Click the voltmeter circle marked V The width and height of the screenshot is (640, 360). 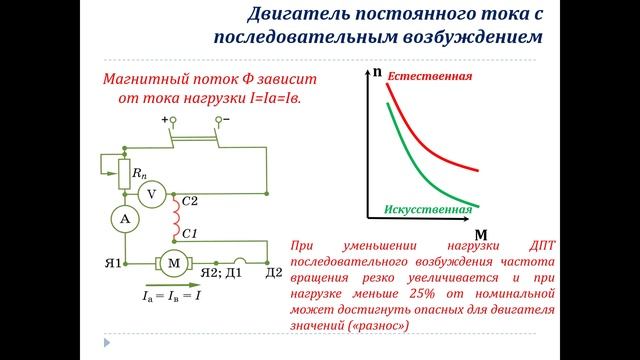coord(151,195)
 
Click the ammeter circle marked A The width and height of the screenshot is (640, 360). coord(123,219)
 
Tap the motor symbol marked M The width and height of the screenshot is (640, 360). coord(173,262)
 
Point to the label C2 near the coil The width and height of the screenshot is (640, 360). coord(191,201)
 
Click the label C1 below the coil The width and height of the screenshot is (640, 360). coord(190,233)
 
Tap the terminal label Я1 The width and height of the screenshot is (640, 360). coord(113,264)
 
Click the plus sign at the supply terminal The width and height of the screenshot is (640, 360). coord(165,120)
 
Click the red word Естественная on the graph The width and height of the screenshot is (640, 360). coord(430,76)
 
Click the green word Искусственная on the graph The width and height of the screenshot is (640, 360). coord(427,209)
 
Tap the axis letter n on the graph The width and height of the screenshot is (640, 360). coord(376,73)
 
